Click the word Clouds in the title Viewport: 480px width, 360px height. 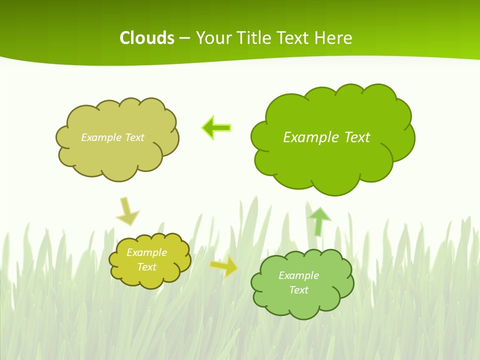[x=147, y=38]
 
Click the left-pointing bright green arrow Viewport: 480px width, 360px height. [x=216, y=128]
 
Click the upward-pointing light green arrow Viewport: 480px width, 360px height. [x=319, y=220]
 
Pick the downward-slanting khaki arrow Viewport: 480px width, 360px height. [x=127, y=211]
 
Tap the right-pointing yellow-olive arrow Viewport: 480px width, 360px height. [x=224, y=266]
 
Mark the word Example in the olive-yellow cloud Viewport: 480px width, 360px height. [x=146, y=252]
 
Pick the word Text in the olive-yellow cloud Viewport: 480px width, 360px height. [x=146, y=267]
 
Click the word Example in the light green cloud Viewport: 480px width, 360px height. [x=298, y=275]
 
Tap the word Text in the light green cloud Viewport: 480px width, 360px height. [x=298, y=290]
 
